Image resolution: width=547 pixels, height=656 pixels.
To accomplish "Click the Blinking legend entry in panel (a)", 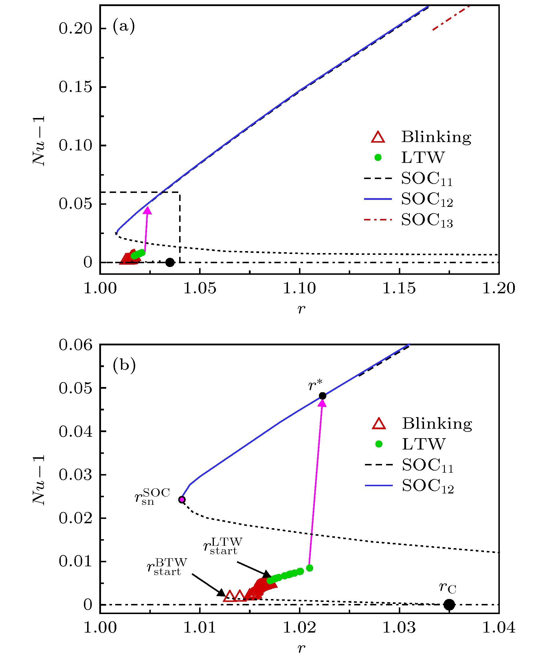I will pos(436,137).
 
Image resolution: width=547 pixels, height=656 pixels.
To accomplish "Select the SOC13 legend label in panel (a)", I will pos(427,220).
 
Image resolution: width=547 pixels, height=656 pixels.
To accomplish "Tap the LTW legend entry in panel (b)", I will pos(423,444).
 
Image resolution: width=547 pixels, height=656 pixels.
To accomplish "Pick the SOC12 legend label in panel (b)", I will pos(427,487).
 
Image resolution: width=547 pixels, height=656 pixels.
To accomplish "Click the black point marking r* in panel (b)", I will pos(322,396).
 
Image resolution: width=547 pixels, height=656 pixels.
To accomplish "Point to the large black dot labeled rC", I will pos(449,605).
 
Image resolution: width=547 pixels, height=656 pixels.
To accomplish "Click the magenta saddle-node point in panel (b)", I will pos(182,500).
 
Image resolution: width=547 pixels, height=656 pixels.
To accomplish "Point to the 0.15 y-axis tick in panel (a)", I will pos(76,87).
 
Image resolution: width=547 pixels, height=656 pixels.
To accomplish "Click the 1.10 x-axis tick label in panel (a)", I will pos(300,288).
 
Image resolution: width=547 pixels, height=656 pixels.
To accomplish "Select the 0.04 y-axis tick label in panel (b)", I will pos(76,431).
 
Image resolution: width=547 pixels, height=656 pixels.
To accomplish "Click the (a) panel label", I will pos(124,26).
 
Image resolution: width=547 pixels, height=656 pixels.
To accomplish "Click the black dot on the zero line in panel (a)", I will pos(170,262).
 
